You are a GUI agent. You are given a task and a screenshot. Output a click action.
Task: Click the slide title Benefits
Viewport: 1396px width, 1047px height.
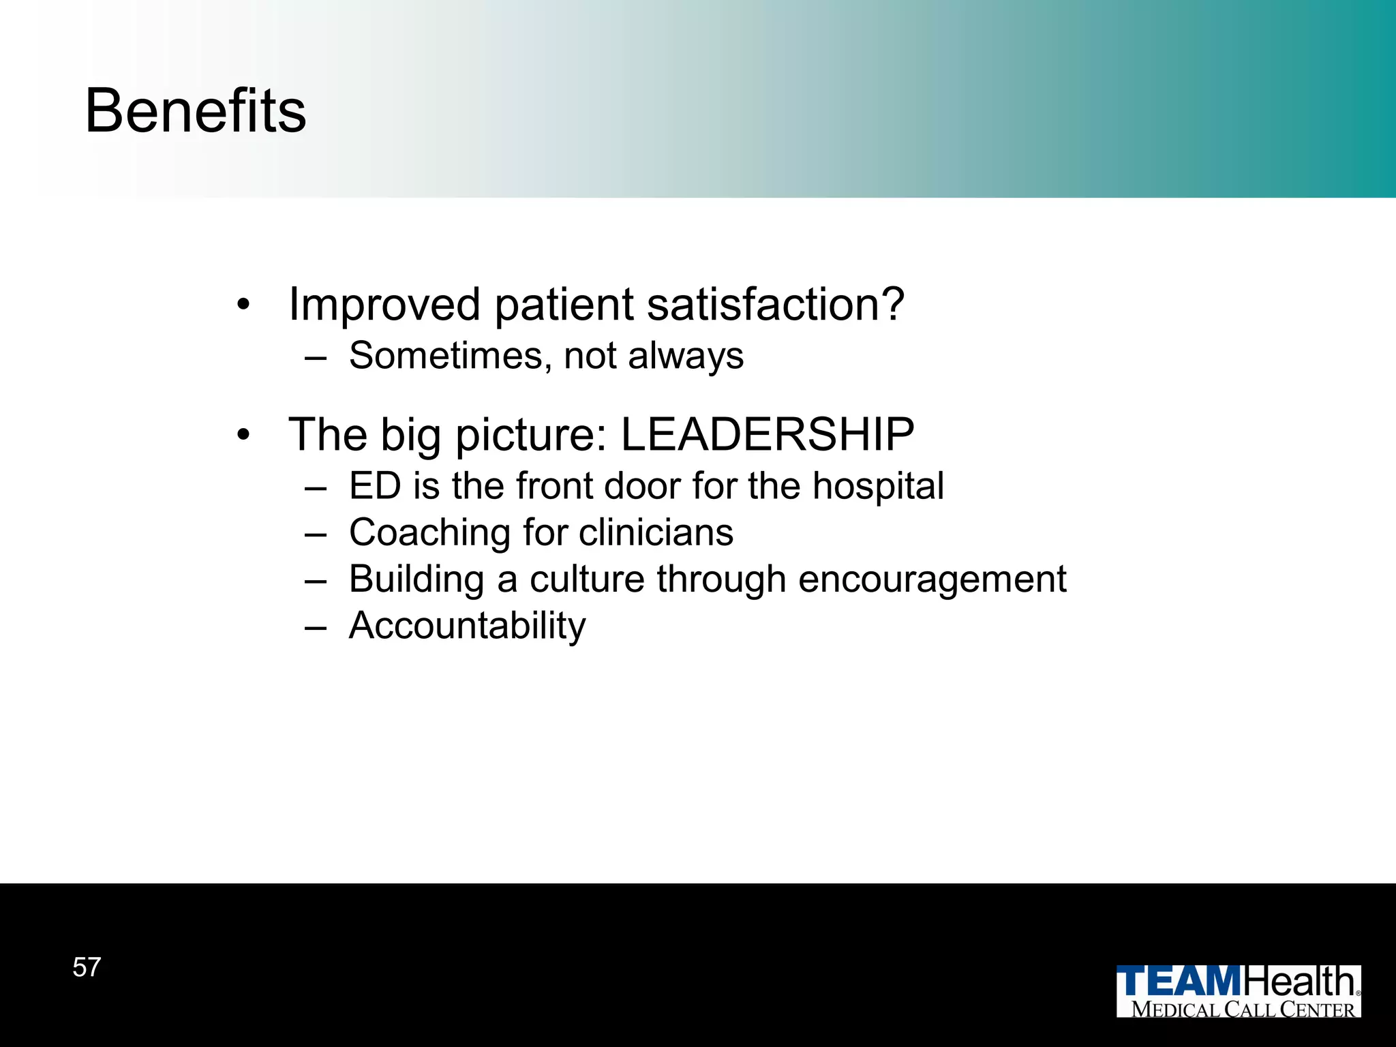pyautogui.click(x=196, y=111)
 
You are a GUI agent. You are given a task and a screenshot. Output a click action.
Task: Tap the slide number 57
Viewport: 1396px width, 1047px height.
pyautogui.click(x=87, y=967)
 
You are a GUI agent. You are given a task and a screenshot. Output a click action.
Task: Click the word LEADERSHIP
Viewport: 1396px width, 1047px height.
pyautogui.click(x=768, y=434)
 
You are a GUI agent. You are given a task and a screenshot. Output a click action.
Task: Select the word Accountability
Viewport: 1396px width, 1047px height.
pyautogui.click(x=467, y=626)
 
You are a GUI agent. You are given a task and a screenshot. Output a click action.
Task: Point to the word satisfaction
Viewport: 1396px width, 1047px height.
pyautogui.click(x=775, y=304)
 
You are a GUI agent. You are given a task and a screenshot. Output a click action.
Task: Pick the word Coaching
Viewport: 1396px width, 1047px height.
pyautogui.click(x=429, y=532)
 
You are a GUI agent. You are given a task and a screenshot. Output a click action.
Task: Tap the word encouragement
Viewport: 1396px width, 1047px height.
pyautogui.click(x=932, y=579)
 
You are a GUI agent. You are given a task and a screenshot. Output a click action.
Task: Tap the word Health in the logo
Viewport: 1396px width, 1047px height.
pyautogui.click(x=1300, y=982)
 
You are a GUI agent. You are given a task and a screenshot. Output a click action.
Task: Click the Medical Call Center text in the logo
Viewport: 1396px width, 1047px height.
pyautogui.click(x=1243, y=1010)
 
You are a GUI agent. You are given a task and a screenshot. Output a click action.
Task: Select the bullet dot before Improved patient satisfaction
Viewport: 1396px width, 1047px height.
pyautogui.click(x=244, y=305)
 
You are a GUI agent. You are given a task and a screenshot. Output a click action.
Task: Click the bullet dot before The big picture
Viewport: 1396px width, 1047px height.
pyautogui.click(x=244, y=435)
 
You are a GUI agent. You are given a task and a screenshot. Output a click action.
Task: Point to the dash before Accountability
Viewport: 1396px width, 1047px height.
pyautogui.click(x=316, y=626)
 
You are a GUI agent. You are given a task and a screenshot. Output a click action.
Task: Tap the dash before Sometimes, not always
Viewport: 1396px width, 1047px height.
pyautogui.click(x=316, y=356)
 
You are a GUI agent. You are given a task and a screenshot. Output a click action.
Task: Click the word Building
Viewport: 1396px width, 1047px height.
pyautogui.click(x=416, y=579)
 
